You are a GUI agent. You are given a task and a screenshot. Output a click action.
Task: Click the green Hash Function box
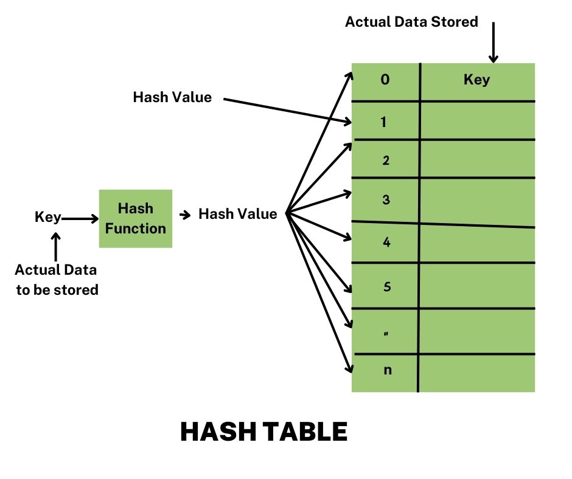(x=136, y=219)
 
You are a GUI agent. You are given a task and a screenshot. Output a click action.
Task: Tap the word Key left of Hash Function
(x=47, y=218)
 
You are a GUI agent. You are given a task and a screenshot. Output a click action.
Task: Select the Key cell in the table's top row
(x=476, y=80)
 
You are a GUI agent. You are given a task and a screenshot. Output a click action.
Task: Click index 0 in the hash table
(x=385, y=80)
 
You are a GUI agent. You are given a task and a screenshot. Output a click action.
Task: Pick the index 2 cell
(x=385, y=161)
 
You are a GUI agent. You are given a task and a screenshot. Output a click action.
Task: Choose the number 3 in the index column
(x=385, y=200)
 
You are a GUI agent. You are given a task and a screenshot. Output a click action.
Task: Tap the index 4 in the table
(x=386, y=243)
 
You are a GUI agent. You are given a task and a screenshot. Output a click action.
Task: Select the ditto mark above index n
(x=386, y=333)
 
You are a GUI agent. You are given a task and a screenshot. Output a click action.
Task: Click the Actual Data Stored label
(x=411, y=22)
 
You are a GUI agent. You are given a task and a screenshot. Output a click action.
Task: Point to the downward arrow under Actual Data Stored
(x=493, y=43)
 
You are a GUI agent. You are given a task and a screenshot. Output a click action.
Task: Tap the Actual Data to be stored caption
(x=57, y=280)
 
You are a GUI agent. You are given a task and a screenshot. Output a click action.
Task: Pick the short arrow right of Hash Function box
(x=184, y=215)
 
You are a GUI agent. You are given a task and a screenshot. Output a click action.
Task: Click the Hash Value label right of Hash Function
(x=238, y=214)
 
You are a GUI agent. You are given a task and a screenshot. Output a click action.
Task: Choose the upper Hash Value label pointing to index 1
(x=172, y=97)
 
